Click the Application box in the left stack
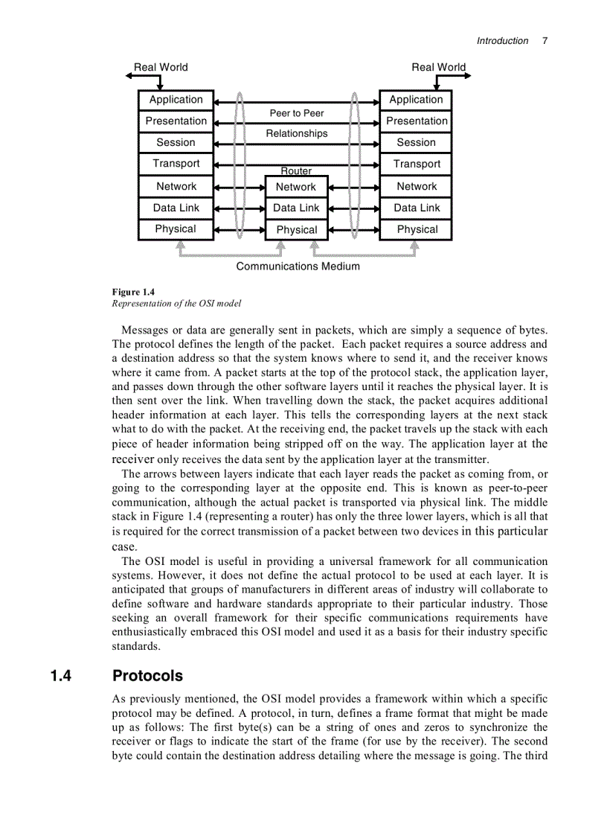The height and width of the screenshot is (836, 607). click(176, 100)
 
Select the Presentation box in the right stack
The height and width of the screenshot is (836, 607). click(416, 121)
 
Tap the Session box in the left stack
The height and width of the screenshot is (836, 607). click(176, 142)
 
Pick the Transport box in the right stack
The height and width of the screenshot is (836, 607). click(416, 164)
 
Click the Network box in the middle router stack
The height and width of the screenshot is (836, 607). click(296, 187)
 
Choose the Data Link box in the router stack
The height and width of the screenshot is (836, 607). click(296, 208)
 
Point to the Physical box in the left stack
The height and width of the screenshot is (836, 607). click(176, 229)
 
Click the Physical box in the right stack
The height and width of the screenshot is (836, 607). click(416, 229)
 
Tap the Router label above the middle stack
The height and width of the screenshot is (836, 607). click(296, 171)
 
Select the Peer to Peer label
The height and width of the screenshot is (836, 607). click(297, 113)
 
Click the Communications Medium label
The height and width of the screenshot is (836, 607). click(298, 267)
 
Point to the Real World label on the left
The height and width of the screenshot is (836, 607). click(161, 67)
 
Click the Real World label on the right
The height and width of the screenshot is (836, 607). click(439, 67)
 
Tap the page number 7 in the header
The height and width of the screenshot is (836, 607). click(545, 41)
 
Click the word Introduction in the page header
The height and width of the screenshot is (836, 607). click(502, 41)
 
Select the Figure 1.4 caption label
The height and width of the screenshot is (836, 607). click(133, 292)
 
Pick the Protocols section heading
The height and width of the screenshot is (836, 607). click(147, 676)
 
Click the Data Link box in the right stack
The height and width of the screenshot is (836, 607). click(416, 208)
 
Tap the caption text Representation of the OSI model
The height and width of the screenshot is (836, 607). click(176, 304)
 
